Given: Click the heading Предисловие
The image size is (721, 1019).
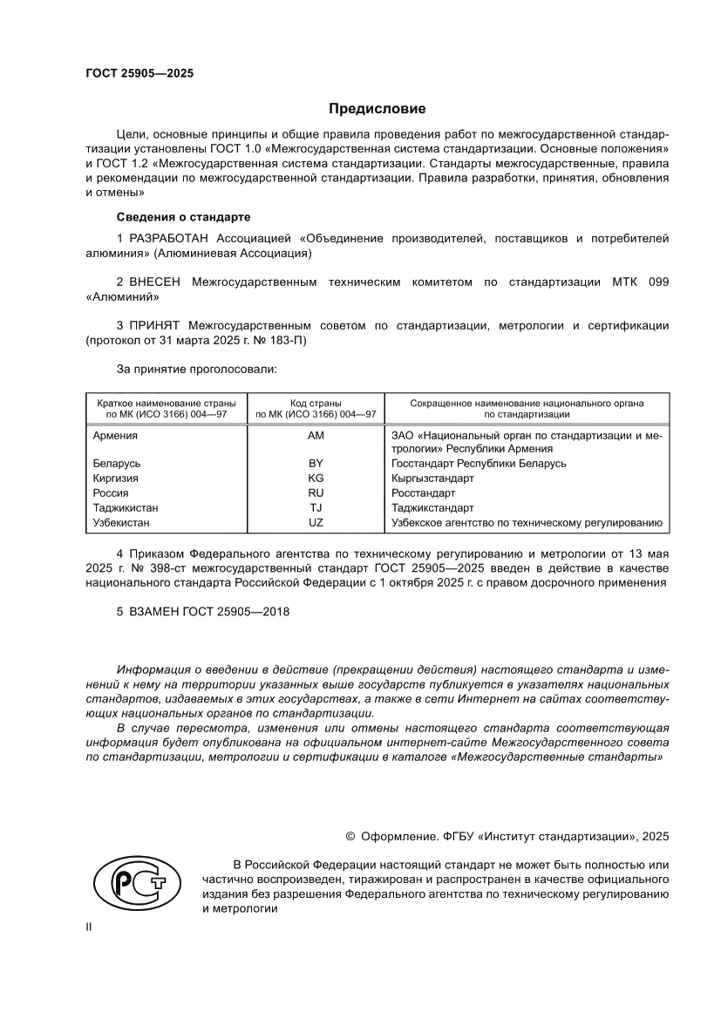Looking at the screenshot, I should point(377,109).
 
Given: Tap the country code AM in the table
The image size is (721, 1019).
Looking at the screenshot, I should point(316,435).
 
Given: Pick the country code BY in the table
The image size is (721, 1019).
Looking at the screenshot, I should point(316,464).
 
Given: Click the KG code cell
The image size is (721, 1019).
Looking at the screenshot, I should point(316,479).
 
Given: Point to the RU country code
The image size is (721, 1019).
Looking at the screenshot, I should point(316,493).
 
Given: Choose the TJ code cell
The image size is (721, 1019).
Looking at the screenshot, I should point(316,508).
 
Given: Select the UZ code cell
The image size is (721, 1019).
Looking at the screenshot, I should point(316,523).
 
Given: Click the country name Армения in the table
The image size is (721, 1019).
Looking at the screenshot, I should point(115,435).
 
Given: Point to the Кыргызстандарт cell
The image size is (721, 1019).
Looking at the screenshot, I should point(433,479).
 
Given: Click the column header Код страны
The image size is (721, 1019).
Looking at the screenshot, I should point(316,404).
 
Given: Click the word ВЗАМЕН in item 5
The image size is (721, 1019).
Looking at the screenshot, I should point(154,612).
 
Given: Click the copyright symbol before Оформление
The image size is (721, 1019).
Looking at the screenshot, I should point(350,836).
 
